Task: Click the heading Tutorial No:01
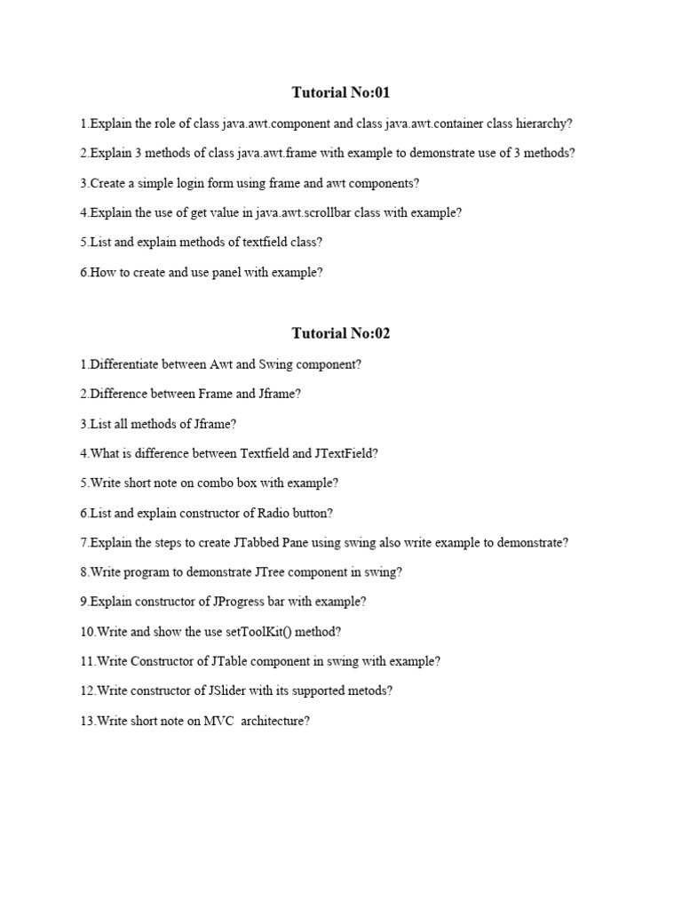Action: [341, 92]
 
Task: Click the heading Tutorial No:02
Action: [341, 333]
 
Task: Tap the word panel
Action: [227, 273]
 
